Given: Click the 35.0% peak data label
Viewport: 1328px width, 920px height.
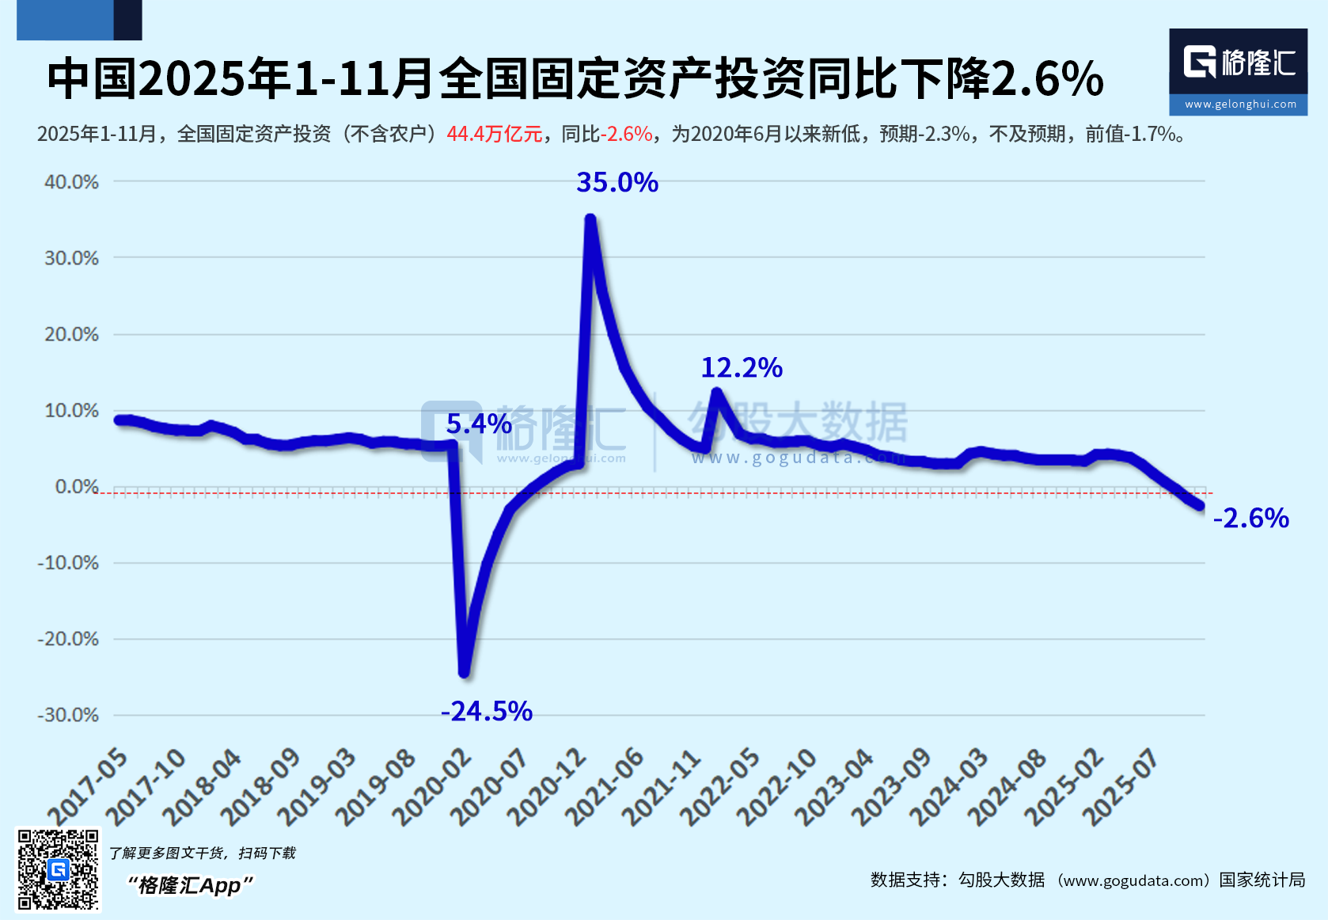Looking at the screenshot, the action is click(x=617, y=182).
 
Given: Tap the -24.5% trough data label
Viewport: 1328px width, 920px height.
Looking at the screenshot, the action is click(x=487, y=711).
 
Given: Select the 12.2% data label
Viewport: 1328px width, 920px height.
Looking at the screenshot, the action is click(x=742, y=368).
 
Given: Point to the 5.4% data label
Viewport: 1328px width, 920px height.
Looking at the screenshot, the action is click(x=479, y=424).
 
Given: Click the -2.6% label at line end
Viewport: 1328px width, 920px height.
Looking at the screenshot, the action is click(x=1251, y=518).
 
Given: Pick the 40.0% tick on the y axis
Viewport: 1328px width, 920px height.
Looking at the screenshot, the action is click(x=72, y=181).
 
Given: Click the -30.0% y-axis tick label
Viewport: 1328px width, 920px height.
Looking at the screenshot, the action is click(x=68, y=715).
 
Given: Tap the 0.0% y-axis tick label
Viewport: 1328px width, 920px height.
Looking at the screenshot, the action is click(x=77, y=486).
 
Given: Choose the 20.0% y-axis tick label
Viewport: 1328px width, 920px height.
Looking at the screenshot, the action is click(x=72, y=334).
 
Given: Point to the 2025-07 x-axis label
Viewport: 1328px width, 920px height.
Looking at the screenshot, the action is click(x=1121, y=787).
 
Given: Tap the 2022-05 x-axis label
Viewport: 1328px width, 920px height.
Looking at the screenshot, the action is click(x=720, y=787).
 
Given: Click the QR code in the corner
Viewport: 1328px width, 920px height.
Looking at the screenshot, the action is click(x=58, y=869).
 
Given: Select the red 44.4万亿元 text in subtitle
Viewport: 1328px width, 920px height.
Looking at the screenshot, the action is click(x=495, y=134).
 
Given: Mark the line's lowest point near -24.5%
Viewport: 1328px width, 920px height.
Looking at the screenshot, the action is click(x=465, y=673).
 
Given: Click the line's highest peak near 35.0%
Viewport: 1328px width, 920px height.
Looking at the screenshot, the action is click(x=590, y=219).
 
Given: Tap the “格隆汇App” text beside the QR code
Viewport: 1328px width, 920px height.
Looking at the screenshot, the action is click(x=190, y=886).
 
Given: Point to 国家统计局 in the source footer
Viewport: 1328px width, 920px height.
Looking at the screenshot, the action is click(x=1262, y=880).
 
